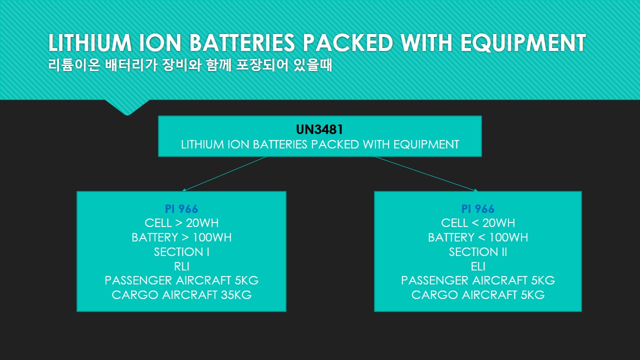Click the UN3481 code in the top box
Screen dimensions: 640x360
[x=319, y=129]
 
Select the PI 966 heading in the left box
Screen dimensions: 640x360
[x=181, y=209]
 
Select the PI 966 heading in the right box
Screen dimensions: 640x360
[x=477, y=209]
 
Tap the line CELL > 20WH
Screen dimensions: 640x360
[x=181, y=223]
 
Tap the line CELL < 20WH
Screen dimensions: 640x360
[x=477, y=223]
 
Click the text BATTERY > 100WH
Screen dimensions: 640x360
[x=181, y=237]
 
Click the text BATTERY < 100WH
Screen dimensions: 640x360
[x=477, y=237]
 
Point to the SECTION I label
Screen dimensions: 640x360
[x=181, y=252]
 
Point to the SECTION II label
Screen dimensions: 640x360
[x=477, y=252]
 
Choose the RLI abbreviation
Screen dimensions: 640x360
[x=181, y=266]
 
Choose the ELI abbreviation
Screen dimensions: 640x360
[x=477, y=266]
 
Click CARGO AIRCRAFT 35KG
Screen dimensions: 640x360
[x=181, y=295]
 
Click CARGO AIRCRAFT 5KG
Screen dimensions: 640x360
[x=477, y=295]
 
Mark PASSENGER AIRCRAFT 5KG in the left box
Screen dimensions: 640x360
[x=181, y=280]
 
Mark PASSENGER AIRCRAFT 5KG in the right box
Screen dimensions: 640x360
[x=477, y=280]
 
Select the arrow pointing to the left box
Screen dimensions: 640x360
[x=224, y=173]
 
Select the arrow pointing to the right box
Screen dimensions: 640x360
[x=426, y=173]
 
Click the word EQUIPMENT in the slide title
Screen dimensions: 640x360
[x=523, y=43]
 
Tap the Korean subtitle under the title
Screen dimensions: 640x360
[x=190, y=65]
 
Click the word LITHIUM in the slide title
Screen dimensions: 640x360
[x=90, y=43]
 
